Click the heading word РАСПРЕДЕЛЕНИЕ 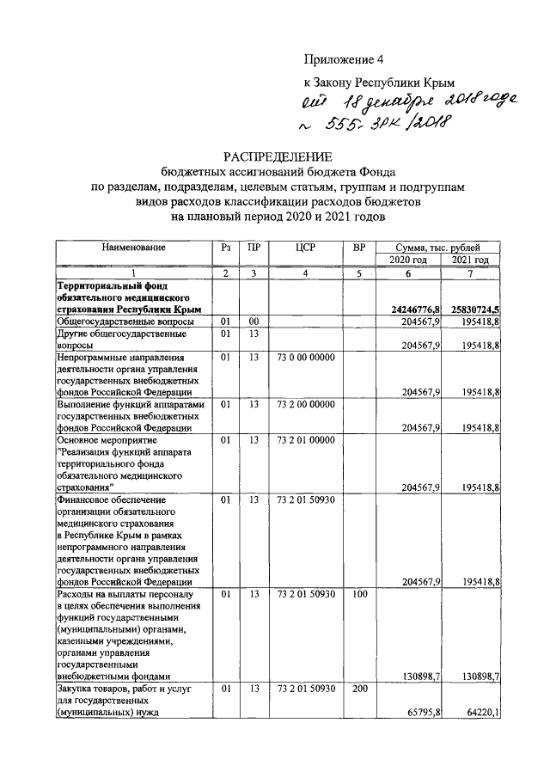pyautogui.click(x=277, y=156)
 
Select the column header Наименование pyautogui.click(x=133, y=248)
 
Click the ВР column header pyautogui.click(x=359, y=248)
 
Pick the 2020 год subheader pyautogui.click(x=408, y=260)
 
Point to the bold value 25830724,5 pyautogui.click(x=472, y=308)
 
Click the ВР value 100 pyautogui.click(x=359, y=593)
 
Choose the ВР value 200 pyautogui.click(x=359, y=688)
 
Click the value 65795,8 pyautogui.click(x=419, y=712)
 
